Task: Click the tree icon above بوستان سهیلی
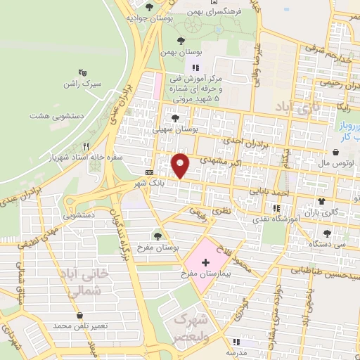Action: tap(174, 118)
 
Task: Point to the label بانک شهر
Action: tap(153, 183)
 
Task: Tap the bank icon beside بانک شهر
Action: tap(149, 172)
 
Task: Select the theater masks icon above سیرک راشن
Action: tap(83, 72)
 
